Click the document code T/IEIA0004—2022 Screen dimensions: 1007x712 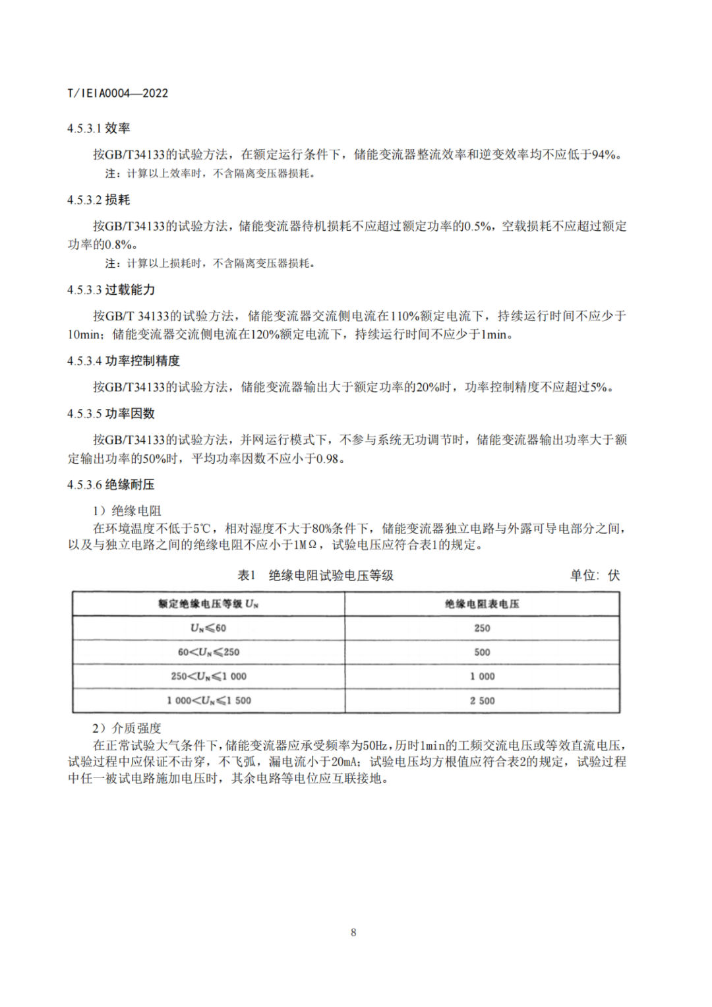pos(117,94)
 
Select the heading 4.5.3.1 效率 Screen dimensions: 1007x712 pos(98,129)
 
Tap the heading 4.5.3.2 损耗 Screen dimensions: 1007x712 pos(98,200)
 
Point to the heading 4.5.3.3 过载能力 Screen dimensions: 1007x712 pos(111,290)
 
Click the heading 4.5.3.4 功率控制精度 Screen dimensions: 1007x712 pos(123,361)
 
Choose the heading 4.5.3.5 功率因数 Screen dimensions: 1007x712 pos(111,413)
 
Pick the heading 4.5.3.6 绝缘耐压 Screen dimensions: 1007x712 pos(111,485)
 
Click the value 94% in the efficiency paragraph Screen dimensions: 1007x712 pos(603,155)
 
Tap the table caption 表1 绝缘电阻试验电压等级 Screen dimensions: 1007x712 pos(315,576)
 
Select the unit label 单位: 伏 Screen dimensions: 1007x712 pos(595,576)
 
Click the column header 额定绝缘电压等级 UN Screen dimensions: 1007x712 pos(208,604)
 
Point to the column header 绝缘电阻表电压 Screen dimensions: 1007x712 pos(482,604)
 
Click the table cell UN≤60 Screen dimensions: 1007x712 pos(208,628)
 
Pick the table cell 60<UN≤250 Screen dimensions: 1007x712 pos(208,652)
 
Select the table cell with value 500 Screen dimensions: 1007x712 pos(482,652)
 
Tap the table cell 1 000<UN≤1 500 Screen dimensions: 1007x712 pos(208,701)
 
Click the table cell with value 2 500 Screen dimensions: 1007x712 pos(482,701)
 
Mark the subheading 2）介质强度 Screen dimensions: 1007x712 pos(127,728)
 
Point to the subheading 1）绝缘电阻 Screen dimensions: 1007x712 pos(127,511)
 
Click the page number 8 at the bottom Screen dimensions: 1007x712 pos(353,932)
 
